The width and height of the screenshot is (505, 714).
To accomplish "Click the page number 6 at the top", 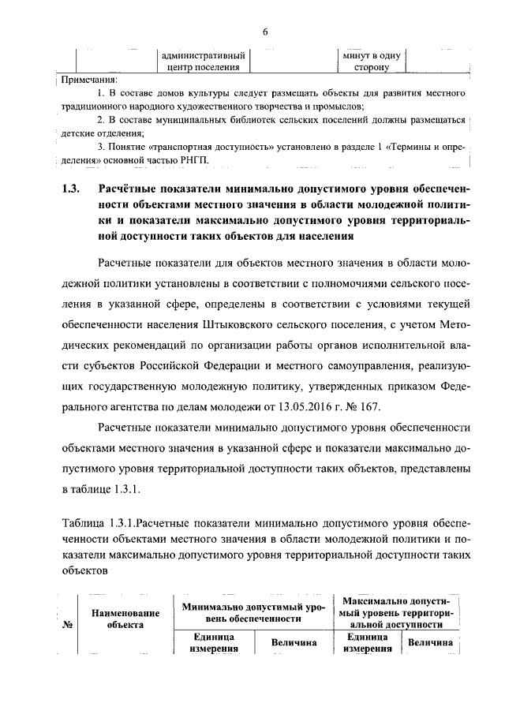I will point(265,31).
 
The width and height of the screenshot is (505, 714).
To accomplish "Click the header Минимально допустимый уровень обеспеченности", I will point(252,612).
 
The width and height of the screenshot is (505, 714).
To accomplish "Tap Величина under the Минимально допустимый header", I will point(294,643).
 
